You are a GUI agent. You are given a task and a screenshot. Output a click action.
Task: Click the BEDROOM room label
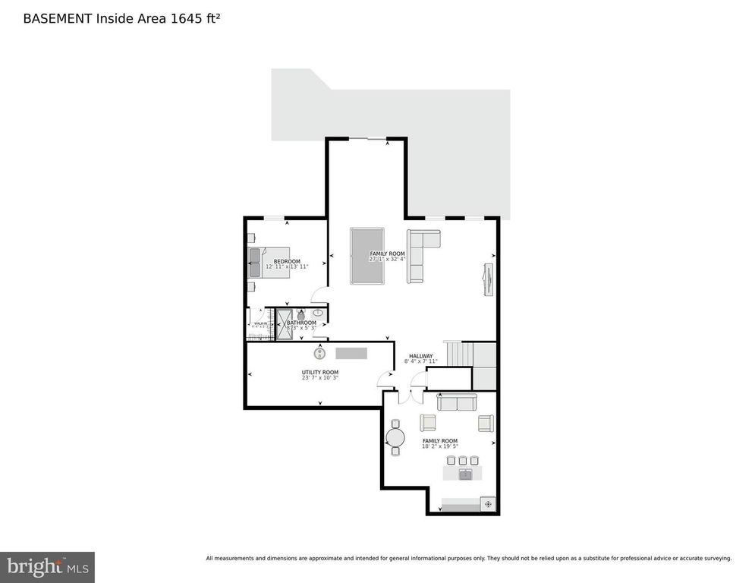tap(287, 261)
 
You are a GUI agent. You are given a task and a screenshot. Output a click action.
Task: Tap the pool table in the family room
tap(366, 256)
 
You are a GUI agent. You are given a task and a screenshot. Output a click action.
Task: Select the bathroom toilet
tap(300, 317)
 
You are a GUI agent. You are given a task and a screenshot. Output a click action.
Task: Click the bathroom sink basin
tap(318, 312)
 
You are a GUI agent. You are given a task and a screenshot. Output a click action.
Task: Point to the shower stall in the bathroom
tap(284, 324)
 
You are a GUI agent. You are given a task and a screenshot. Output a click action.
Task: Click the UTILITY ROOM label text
tap(319, 372)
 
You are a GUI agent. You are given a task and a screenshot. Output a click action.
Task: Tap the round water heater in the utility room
tap(320, 353)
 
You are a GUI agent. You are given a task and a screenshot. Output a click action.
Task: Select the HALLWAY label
tap(420, 356)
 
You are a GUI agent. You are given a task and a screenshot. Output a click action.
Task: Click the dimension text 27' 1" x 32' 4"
tap(387, 259)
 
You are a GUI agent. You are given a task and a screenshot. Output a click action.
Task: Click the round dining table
tap(395, 437)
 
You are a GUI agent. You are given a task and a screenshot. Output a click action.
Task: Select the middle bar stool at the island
tap(462, 460)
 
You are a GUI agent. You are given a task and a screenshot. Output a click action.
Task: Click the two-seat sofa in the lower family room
tap(457, 402)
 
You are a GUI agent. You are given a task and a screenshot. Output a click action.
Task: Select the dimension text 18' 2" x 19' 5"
tap(440, 447)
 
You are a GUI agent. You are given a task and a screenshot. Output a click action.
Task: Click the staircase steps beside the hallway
tap(458, 353)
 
